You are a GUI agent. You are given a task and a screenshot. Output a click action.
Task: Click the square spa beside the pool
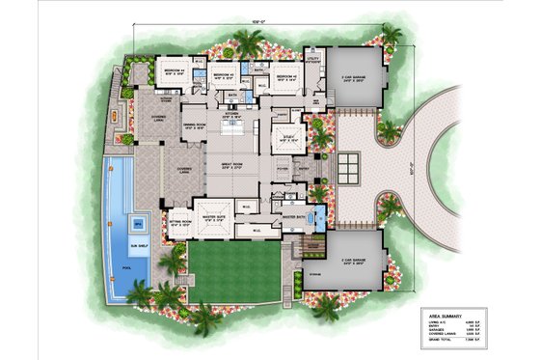(137, 223)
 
